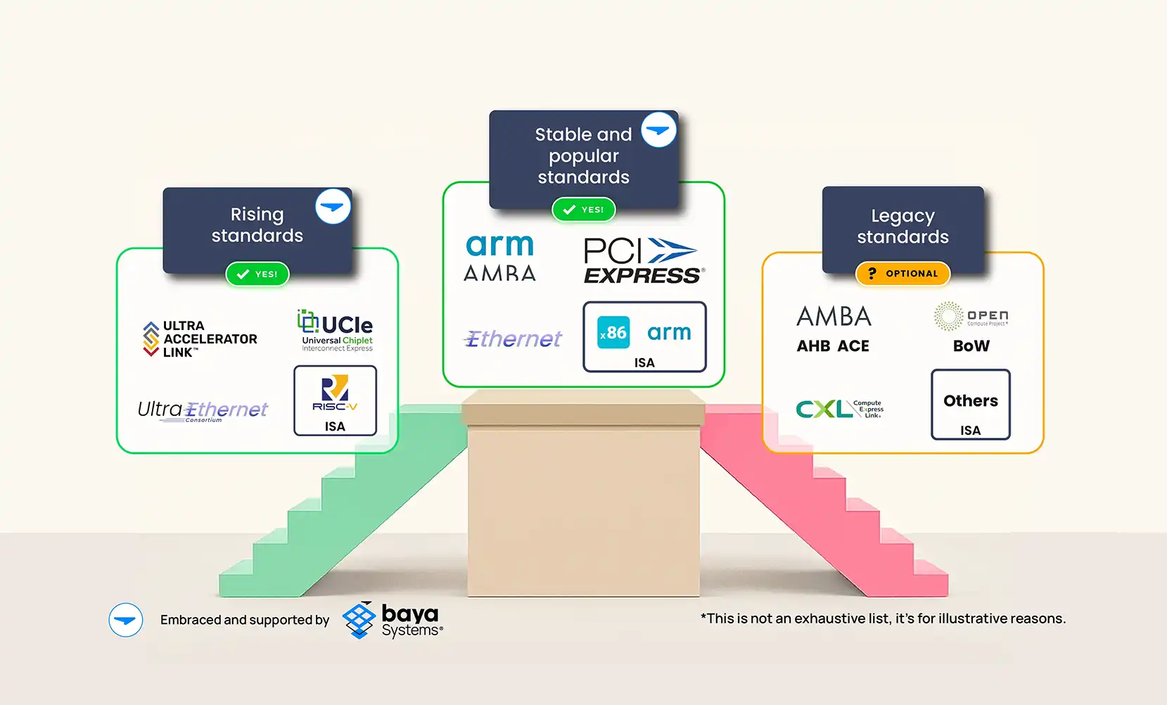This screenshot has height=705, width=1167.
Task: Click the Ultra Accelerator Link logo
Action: click(x=200, y=339)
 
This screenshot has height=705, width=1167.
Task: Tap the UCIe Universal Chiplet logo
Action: click(x=336, y=330)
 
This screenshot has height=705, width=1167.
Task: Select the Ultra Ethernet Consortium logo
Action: click(x=203, y=410)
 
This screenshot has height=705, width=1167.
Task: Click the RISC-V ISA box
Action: click(x=335, y=400)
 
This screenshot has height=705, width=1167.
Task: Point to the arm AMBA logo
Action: click(x=500, y=258)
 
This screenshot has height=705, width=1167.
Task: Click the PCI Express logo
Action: click(x=643, y=260)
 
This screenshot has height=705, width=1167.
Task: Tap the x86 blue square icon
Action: click(x=613, y=333)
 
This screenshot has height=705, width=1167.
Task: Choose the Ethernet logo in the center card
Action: click(x=513, y=339)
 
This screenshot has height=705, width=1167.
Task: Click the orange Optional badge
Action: click(x=903, y=274)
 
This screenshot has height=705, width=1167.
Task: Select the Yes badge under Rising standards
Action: click(x=257, y=274)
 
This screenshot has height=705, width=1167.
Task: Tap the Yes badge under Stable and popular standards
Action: click(x=584, y=210)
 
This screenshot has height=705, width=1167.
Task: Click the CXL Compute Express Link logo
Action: click(x=839, y=409)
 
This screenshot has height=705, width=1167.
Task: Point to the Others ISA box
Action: click(x=970, y=405)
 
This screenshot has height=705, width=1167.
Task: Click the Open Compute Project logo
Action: click(x=971, y=317)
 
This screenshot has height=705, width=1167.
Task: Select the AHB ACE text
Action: click(x=833, y=346)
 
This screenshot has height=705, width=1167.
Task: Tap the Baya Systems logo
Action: click(x=393, y=620)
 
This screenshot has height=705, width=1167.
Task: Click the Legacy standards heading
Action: click(x=903, y=226)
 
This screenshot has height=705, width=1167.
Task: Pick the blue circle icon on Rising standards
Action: click(x=333, y=207)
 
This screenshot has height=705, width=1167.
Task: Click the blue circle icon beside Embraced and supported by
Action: click(x=126, y=620)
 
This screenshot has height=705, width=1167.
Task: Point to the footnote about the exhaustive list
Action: click(x=883, y=618)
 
